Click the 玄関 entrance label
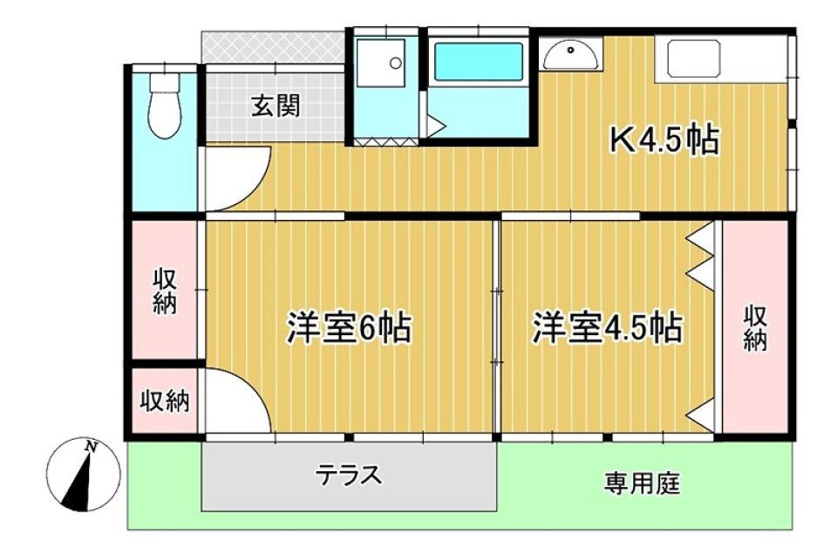click(276, 106)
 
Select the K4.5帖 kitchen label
click(663, 140)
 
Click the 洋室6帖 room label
click(350, 327)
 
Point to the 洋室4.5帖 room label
click(607, 327)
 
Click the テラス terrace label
click(349, 475)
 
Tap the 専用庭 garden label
click(643, 484)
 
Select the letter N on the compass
click(92, 447)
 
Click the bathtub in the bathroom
click(479, 63)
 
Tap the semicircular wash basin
click(570, 57)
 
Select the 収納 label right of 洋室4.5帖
click(756, 327)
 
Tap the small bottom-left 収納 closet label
click(165, 401)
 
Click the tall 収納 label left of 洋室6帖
click(165, 291)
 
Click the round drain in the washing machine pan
click(395, 63)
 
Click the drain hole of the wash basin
click(570, 51)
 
